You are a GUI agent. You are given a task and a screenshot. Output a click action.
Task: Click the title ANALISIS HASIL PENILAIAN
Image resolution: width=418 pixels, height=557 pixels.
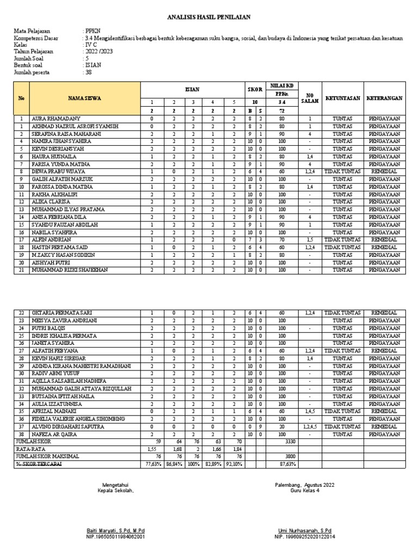pyautogui.click(x=208, y=17)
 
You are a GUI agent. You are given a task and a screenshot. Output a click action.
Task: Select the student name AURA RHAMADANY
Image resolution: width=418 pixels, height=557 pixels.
pyautogui.click(x=57, y=118)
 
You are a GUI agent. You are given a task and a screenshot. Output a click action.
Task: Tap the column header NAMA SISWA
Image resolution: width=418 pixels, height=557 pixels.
pyautogui.click(x=84, y=98)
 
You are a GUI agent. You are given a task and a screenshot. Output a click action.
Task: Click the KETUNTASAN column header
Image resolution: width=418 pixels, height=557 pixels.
pyautogui.click(x=342, y=98)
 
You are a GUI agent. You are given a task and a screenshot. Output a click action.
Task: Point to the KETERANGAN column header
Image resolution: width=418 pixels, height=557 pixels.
pyautogui.click(x=384, y=98)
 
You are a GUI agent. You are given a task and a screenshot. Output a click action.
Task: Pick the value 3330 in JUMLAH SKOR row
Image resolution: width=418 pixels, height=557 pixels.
pyautogui.click(x=290, y=442)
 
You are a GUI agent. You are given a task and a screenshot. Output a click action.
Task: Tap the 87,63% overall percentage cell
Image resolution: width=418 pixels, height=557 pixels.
pyautogui.click(x=288, y=465)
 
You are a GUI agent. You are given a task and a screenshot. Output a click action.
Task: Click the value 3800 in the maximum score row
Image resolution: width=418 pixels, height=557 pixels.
pyautogui.click(x=290, y=457)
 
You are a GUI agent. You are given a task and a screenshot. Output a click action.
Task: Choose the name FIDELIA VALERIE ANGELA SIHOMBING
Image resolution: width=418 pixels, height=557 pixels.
pyautogui.click(x=78, y=419)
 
